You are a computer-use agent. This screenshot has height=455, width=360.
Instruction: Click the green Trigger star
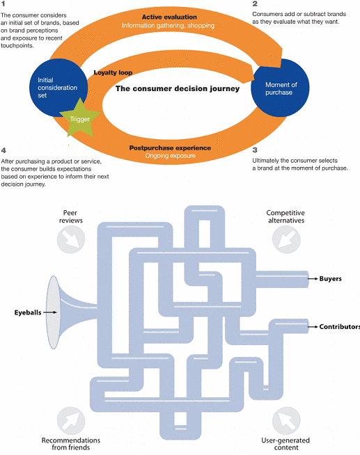point(80,119)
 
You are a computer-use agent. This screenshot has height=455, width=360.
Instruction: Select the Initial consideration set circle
point(58,88)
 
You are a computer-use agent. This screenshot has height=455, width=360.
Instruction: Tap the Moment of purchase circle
point(280,88)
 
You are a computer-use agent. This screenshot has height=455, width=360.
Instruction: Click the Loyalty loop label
point(113,72)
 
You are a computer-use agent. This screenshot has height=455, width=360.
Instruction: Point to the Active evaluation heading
point(169,17)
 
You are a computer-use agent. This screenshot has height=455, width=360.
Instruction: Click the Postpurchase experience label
point(170,148)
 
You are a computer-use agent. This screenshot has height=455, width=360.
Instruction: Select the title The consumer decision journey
point(178,88)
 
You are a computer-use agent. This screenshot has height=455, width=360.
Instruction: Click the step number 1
point(3,4)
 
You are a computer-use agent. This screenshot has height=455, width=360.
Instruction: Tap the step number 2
point(255,3)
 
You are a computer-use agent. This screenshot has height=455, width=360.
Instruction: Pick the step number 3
point(255,150)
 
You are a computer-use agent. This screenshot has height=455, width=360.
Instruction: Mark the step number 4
point(3,150)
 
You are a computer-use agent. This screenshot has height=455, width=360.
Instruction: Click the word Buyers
point(330,278)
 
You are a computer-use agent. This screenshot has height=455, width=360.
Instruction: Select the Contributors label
point(339,327)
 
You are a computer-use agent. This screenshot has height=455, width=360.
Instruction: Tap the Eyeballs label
point(28,312)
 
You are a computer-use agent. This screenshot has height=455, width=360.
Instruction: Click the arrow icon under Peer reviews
point(71,239)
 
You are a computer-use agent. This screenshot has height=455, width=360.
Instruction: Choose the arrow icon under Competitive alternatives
point(287,239)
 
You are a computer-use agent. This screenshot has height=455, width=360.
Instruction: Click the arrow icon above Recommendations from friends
point(71,421)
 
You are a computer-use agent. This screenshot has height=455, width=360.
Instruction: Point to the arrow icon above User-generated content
point(287,421)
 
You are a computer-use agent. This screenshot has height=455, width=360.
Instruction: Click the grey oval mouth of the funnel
point(54,312)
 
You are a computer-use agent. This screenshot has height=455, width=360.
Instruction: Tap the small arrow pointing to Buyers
point(313,278)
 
